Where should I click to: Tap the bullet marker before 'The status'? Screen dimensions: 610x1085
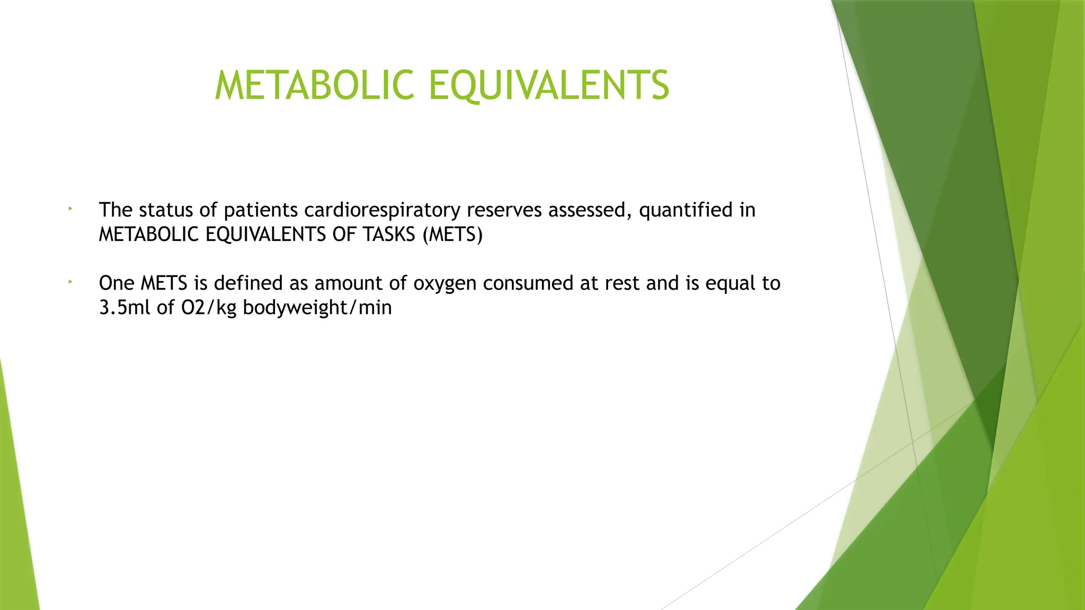[x=69, y=210]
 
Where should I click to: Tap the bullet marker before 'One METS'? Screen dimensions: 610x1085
[x=69, y=283]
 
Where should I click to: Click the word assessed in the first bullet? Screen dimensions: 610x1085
[x=590, y=210]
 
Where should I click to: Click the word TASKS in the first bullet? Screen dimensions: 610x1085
[x=390, y=235]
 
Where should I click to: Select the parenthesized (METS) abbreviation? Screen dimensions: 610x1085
[x=453, y=235]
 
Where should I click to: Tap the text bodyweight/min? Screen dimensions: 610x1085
[x=317, y=308]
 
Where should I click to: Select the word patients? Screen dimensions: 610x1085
[x=261, y=210]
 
